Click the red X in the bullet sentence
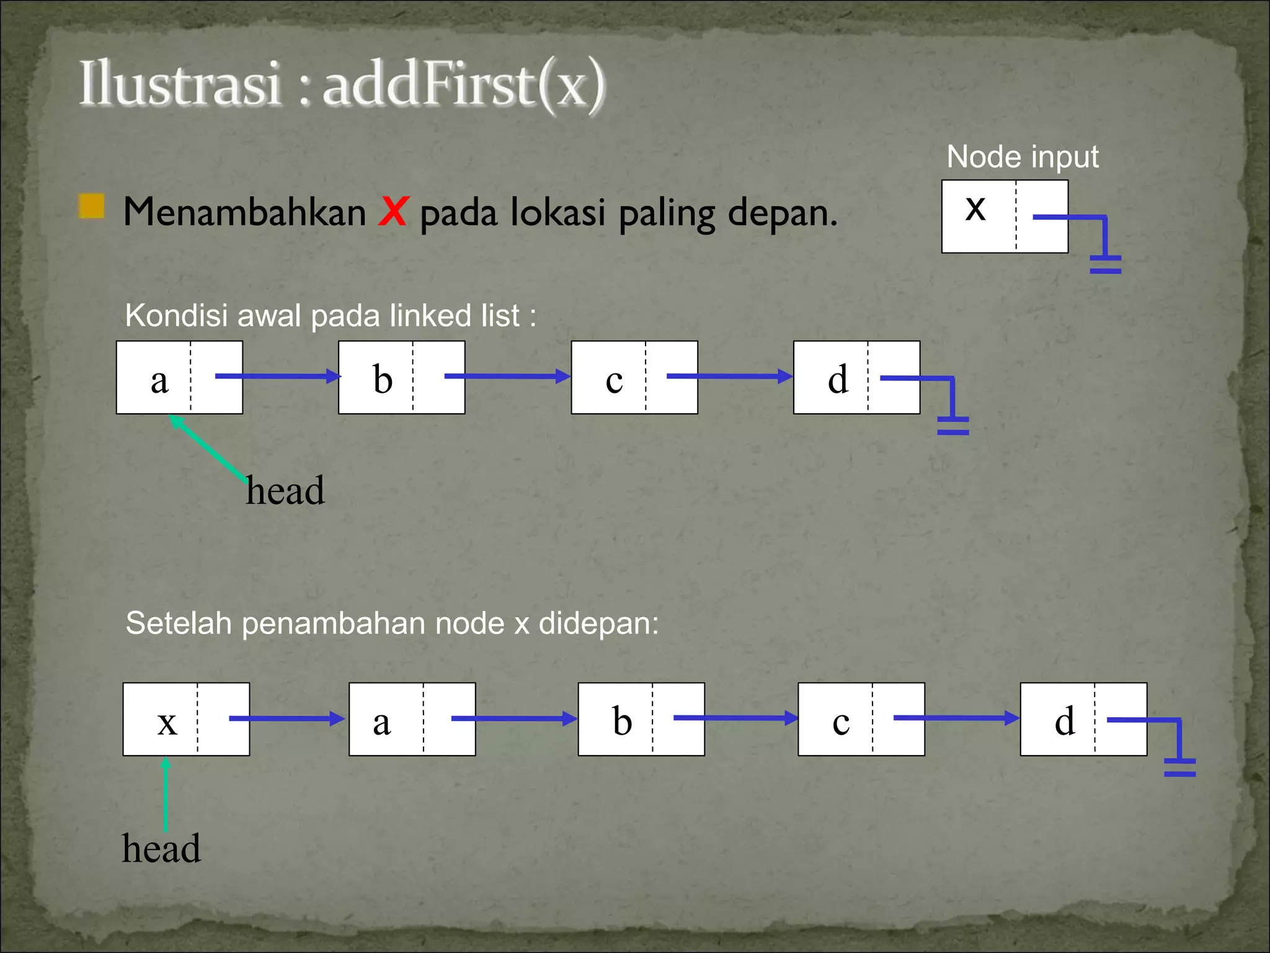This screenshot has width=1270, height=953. [393, 212]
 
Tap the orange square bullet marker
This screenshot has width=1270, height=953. [92, 207]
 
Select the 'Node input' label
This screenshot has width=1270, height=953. [1022, 156]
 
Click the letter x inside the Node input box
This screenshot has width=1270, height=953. [975, 208]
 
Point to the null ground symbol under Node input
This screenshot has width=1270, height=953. [1105, 264]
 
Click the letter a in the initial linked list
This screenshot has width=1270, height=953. [159, 380]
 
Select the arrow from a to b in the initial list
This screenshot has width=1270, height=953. [278, 376]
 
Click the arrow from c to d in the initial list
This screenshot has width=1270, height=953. [729, 376]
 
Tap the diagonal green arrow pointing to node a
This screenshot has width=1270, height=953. [208, 447]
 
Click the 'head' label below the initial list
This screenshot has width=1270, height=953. [285, 490]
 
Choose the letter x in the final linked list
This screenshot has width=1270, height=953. [167, 722]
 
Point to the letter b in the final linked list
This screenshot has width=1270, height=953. [622, 721]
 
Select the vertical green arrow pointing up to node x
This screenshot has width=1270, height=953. [166, 794]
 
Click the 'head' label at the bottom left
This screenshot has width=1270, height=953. [161, 848]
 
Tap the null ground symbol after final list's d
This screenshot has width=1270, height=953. [1179, 767]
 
